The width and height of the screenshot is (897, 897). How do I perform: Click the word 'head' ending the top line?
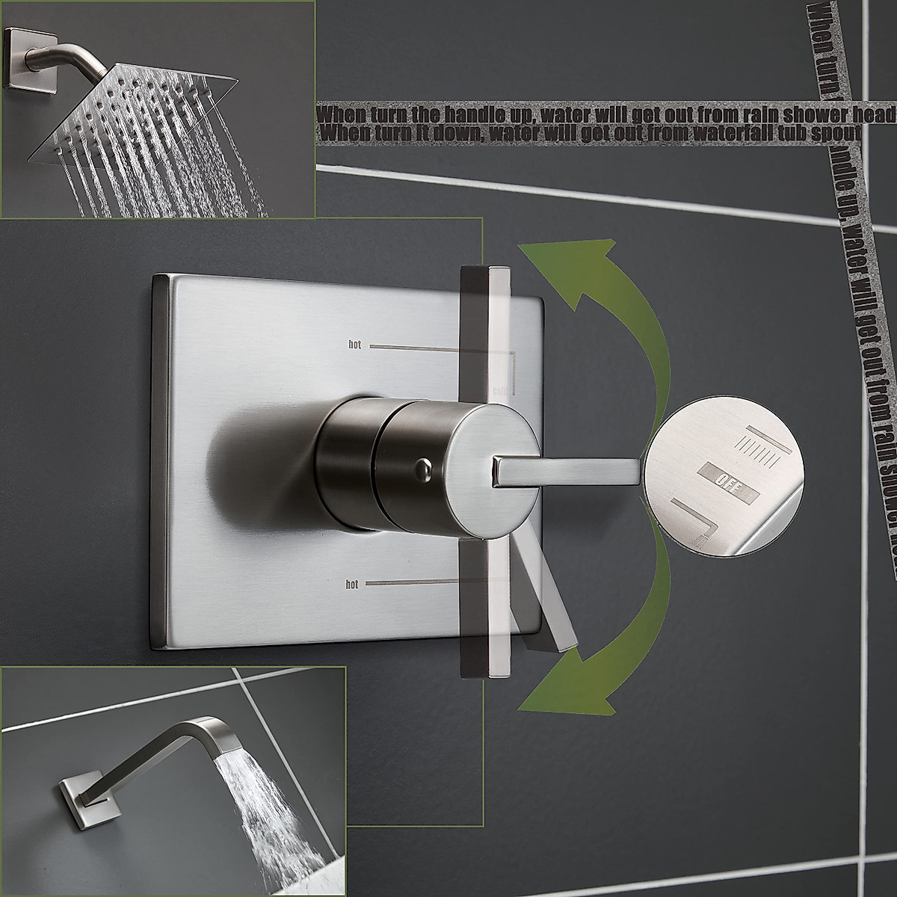point(877,114)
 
